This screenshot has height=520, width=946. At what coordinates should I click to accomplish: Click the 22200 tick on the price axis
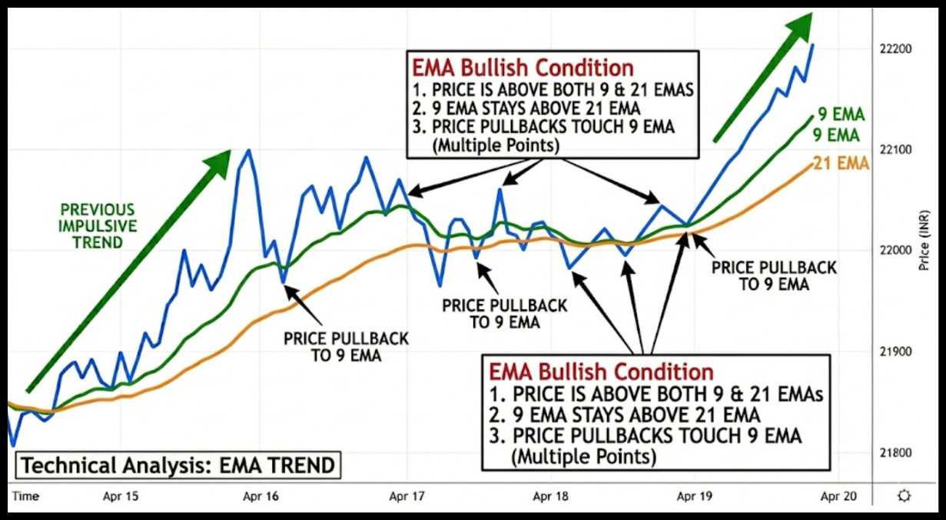(x=898, y=49)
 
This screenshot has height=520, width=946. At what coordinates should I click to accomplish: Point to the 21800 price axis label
(x=898, y=452)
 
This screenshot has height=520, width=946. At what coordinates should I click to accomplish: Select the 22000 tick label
(x=898, y=251)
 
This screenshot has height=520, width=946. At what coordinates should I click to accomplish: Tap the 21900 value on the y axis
(x=898, y=352)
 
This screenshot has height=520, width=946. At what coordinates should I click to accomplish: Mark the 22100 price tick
(x=898, y=149)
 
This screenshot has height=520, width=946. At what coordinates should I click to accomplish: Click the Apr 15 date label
(x=121, y=496)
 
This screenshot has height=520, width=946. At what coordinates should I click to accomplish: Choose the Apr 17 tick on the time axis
(x=407, y=496)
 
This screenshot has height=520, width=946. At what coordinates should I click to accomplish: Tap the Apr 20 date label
(x=837, y=496)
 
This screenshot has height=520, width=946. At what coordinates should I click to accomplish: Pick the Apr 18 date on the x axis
(x=551, y=496)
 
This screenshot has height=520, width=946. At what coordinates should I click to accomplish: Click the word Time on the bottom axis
(x=25, y=496)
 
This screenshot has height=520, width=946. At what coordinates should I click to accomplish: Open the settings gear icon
(x=904, y=496)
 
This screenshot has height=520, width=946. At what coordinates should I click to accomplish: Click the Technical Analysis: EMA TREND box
(x=178, y=465)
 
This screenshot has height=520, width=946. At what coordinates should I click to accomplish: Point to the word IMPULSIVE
(x=98, y=226)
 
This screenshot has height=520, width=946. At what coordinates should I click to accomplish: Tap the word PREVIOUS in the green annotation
(x=98, y=210)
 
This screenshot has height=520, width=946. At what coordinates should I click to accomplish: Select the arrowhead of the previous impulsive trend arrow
(x=219, y=162)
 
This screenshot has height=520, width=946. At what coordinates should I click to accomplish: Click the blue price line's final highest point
(x=813, y=45)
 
